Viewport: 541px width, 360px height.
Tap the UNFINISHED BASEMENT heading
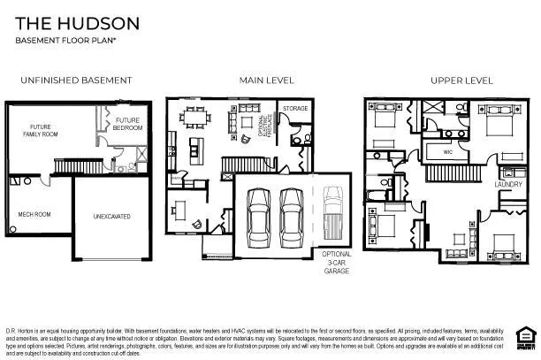(x=76, y=80)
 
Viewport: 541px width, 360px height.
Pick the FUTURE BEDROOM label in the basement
(x=127, y=123)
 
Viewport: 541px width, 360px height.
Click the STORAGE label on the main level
(x=295, y=109)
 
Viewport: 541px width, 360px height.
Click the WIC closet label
(x=447, y=152)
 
